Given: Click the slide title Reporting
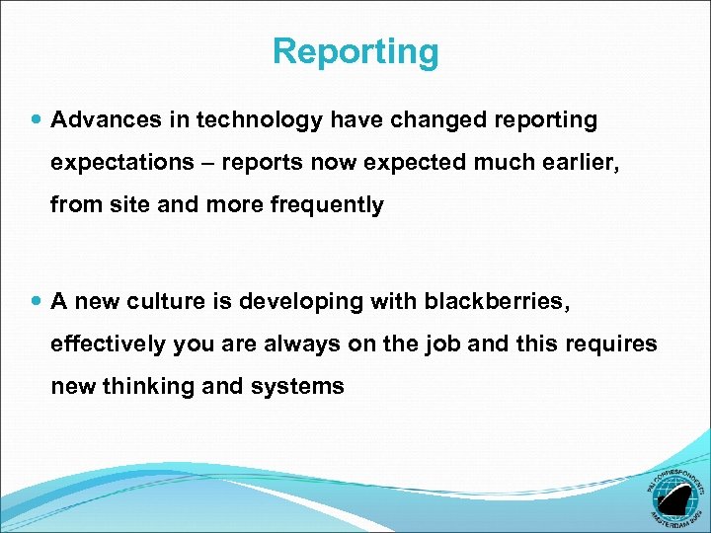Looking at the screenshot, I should tap(355, 51).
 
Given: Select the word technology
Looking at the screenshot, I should tap(260, 120).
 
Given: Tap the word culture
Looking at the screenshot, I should tap(171, 301).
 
